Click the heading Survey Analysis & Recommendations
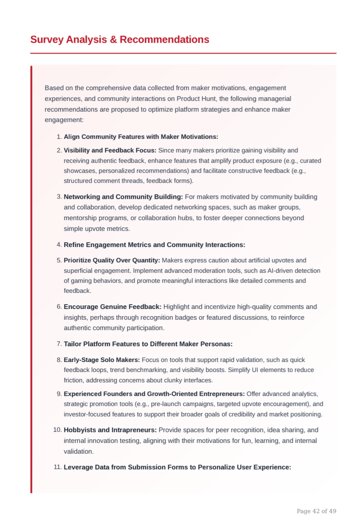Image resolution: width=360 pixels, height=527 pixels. [x=120, y=39]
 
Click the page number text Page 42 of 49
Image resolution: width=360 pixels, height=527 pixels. [x=316, y=511]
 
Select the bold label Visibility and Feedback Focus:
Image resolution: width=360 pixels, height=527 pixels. [x=110, y=150]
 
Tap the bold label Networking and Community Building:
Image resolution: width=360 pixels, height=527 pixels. [x=123, y=197]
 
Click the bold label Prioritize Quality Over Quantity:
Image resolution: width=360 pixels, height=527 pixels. [x=112, y=260]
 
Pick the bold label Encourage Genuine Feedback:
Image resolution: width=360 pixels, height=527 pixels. [x=112, y=307]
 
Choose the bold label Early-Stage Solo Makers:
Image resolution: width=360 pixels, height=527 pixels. [x=102, y=360]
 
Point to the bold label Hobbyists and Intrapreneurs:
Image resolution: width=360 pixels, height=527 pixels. [x=110, y=430]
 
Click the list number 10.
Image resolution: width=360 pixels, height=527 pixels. [x=57, y=430]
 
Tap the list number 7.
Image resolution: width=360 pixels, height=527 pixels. [x=59, y=344]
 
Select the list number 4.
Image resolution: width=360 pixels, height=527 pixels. [x=59, y=245]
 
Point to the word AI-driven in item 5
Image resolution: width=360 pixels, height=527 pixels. [x=283, y=271]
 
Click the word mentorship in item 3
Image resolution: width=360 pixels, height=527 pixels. [x=78, y=218]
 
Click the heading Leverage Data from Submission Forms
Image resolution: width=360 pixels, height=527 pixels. [x=177, y=467]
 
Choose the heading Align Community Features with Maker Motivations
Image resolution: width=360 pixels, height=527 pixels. [x=141, y=137]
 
